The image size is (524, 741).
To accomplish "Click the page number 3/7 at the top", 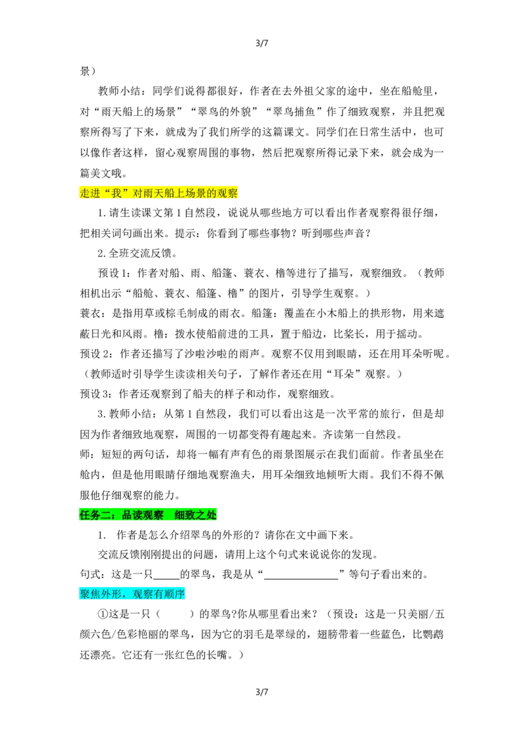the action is tap(261, 43).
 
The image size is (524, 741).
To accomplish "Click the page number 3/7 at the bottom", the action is tap(261, 692).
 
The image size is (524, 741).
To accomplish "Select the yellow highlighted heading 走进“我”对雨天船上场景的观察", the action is tap(159, 193).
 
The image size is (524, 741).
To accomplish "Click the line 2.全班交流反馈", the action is tap(138, 253).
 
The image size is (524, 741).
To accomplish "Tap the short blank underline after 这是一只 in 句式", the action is tap(166, 579).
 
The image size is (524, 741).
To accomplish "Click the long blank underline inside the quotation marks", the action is tap(301, 579).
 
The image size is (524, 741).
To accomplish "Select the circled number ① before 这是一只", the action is tap(103, 615).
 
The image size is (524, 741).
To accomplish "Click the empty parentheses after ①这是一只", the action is tap(175, 615).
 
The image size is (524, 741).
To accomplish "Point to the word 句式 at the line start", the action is tap(90, 575).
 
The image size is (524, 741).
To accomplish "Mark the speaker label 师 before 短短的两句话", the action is tap(84, 455).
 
